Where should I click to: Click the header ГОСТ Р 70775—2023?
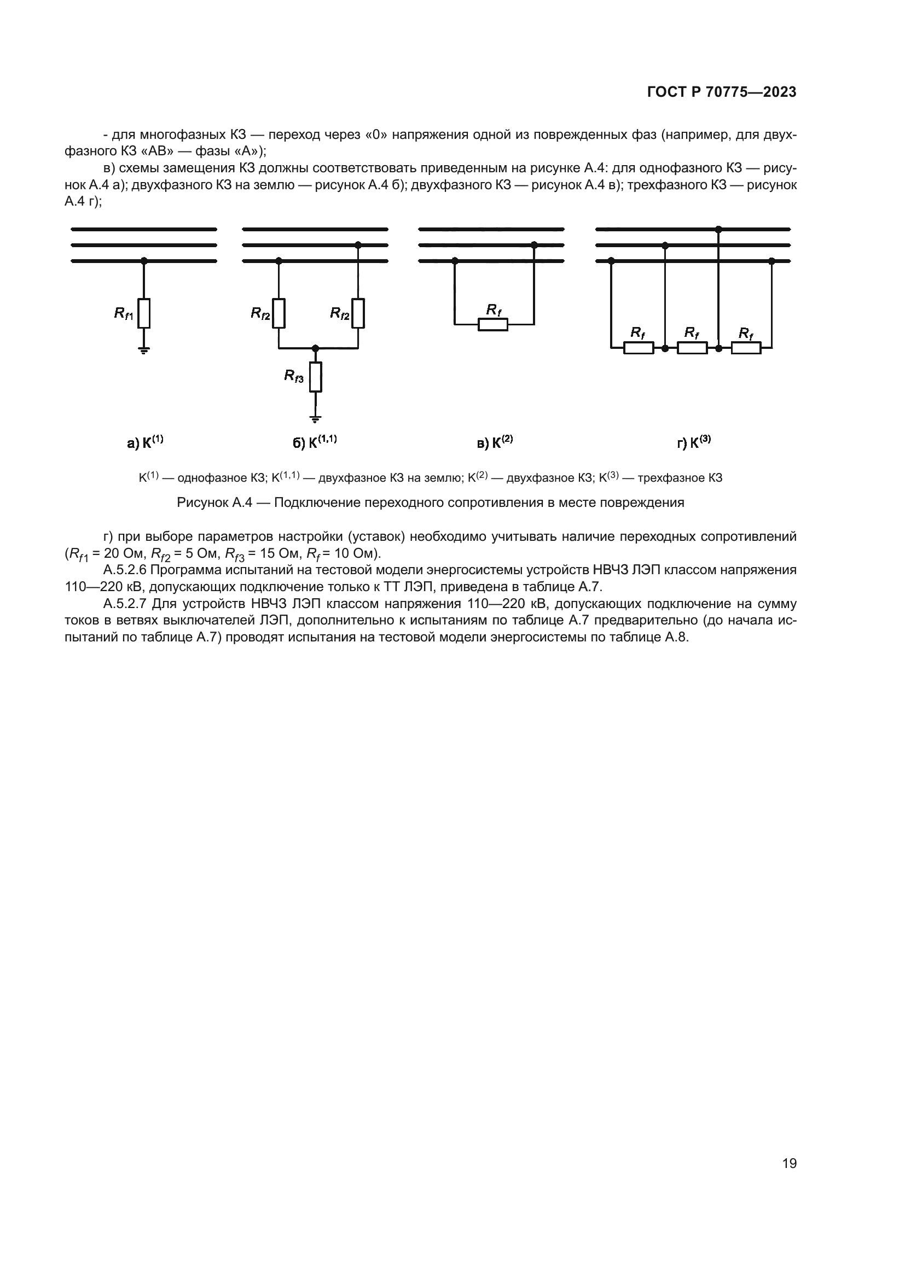pos(722,92)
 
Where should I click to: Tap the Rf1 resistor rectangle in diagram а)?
pos(144,313)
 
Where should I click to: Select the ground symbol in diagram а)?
pos(144,351)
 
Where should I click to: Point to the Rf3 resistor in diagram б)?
pos(315,377)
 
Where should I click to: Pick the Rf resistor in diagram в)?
pos(492,324)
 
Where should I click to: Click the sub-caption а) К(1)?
pos(146,442)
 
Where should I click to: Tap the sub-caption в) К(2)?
pos(495,442)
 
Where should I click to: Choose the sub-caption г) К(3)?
pos(694,442)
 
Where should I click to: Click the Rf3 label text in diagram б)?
pos(294,376)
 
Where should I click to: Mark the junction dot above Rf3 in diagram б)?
pos(315,348)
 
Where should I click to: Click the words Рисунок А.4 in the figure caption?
pos(214,503)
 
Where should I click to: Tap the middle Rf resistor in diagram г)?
pos(692,348)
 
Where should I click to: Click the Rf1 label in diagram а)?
pos(124,314)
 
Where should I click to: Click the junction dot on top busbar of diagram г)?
pos(718,229)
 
